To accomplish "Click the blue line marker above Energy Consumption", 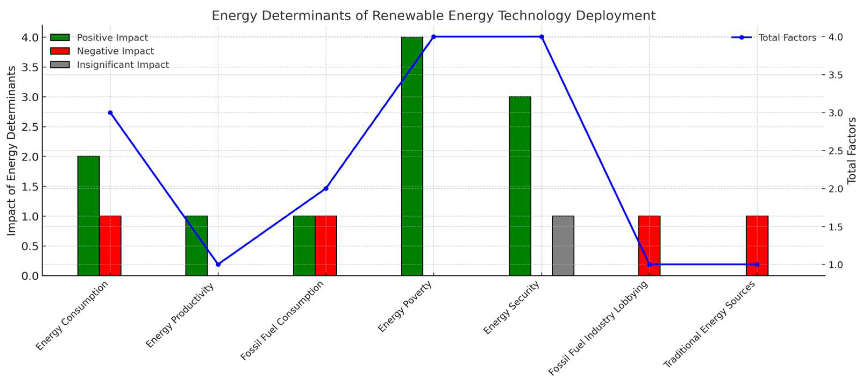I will click(x=110, y=113).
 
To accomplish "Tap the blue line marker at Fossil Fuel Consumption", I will click(x=326, y=188).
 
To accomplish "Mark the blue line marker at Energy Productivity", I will click(x=218, y=264).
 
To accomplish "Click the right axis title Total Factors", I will click(x=851, y=150).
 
